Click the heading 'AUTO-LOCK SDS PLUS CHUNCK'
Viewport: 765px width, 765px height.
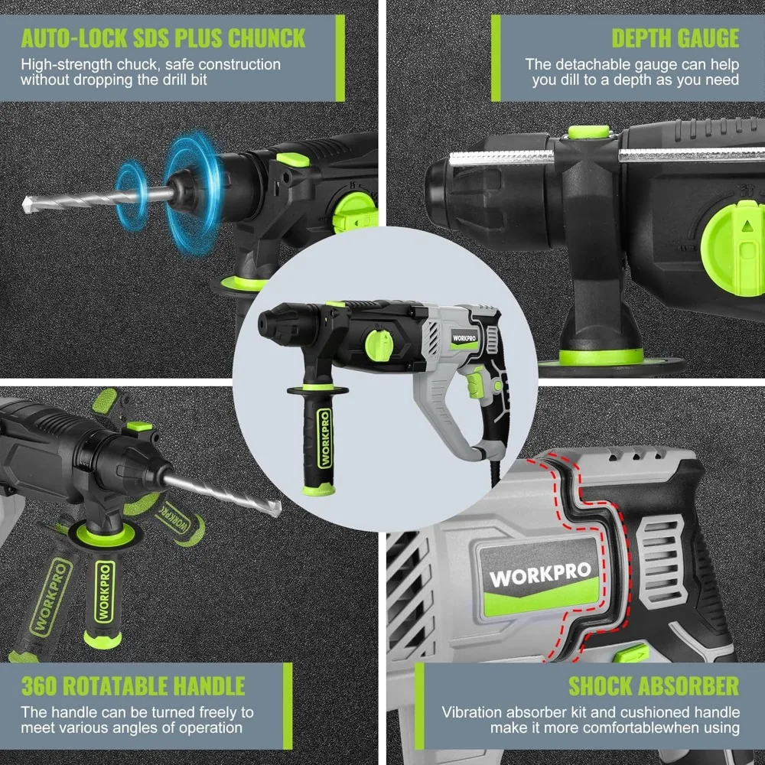[x=163, y=38]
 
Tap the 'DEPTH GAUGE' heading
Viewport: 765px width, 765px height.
[x=675, y=38]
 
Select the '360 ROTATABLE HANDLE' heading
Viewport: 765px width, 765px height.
[x=133, y=685]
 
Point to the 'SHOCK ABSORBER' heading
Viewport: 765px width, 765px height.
[x=653, y=685]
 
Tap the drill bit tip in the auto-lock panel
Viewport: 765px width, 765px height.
[x=25, y=205]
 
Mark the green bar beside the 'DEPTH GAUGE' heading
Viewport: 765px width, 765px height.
[x=496, y=57]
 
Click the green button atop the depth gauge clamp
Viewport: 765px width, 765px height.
[x=588, y=132]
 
